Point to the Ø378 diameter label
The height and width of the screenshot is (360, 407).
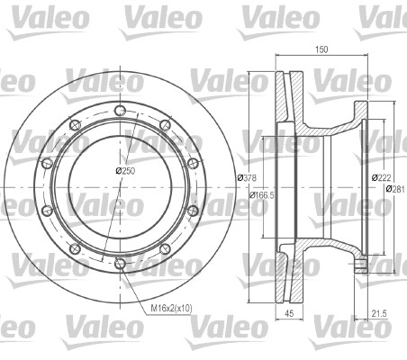248,178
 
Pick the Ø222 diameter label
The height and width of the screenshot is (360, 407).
381,177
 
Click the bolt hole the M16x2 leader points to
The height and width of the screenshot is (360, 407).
119,264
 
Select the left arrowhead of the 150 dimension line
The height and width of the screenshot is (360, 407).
276,61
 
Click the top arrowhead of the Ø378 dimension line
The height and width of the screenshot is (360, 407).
249,70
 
